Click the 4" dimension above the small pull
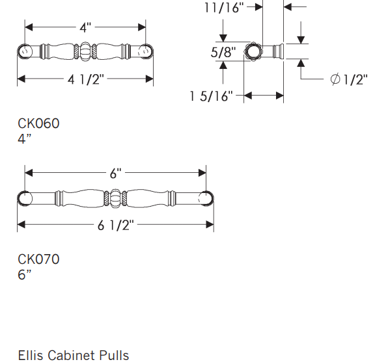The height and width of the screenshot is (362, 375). click(85, 28)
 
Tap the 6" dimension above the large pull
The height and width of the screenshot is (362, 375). click(115, 174)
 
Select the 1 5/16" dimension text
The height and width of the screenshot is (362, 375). click(212, 96)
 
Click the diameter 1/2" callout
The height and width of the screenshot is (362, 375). click(348, 79)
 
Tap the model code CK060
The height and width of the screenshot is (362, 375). click(38, 123)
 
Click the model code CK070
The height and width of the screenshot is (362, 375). click(38, 259)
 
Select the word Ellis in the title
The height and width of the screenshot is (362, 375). click(31, 355)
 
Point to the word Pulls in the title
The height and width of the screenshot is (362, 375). click(113, 355)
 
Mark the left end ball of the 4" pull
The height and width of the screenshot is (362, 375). click(23, 51)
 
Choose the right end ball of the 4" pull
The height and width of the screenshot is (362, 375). click(147, 51)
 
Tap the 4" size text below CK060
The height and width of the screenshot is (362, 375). click(23, 138)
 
